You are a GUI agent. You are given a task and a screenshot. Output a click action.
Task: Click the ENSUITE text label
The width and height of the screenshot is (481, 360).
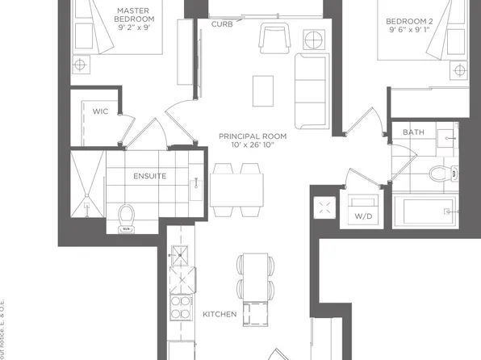pyautogui.click(x=150, y=175)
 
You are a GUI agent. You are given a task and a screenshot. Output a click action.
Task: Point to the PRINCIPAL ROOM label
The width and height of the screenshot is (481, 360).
pyautogui.click(x=253, y=136)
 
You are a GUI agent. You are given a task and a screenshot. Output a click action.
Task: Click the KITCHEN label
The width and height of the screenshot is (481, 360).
pyautogui.click(x=219, y=314)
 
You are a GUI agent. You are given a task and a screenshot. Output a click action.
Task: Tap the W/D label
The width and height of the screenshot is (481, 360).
pyautogui.click(x=364, y=216)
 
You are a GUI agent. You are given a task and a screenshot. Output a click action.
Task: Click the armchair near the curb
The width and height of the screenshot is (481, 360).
pyautogui.click(x=272, y=38)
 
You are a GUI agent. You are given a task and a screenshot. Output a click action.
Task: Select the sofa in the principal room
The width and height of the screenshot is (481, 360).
pyautogui.click(x=310, y=90)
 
